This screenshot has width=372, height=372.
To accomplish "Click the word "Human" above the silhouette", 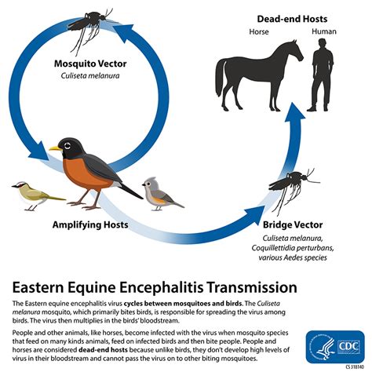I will tap(323, 32).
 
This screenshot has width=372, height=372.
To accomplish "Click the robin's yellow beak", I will tap(54, 147).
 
